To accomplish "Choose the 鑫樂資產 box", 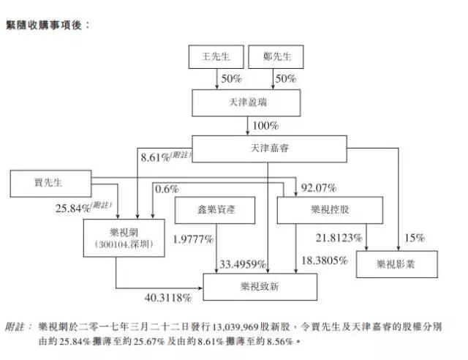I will (215, 211).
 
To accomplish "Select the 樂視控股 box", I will (330, 211).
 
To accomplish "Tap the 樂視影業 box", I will (397, 263).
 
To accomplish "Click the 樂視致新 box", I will (260, 286).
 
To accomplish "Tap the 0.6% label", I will (167, 189).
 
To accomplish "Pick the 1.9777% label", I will (193, 239).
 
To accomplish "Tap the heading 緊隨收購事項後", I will (48, 24).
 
